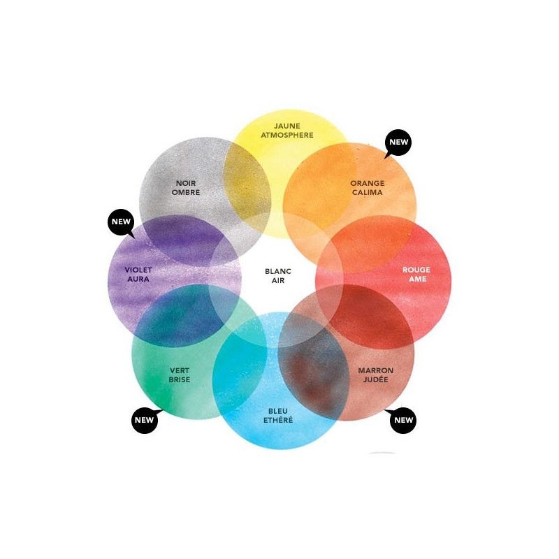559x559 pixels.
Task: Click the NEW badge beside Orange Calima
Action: tap(398, 142)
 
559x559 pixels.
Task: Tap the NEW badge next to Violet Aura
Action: tap(120, 223)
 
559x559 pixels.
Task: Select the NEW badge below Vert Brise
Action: tap(144, 420)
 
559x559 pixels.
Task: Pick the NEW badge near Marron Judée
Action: tap(403, 420)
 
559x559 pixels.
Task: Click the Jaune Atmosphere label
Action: tap(287, 131)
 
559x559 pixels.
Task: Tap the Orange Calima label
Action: tap(367, 188)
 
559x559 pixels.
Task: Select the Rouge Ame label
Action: tap(416, 275)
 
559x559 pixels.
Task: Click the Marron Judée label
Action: tap(375, 375)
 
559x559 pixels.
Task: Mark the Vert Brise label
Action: tap(180, 375)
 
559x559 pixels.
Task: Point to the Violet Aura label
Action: tap(138, 275)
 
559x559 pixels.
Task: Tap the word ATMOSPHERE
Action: tap(287, 136)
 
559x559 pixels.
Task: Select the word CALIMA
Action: tap(367, 193)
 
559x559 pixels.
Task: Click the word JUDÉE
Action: tap(375, 380)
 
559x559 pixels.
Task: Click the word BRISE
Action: tap(180, 380)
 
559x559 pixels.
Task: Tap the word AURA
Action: tap(138, 279)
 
